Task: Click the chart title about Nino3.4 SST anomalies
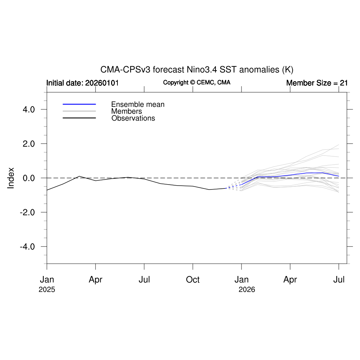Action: click(x=197, y=69)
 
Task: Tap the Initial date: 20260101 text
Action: click(x=83, y=83)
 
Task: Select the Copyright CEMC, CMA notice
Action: click(x=197, y=83)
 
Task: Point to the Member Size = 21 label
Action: click(x=317, y=83)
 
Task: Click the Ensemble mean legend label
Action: click(x=138, y=104)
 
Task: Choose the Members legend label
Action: click(x=127, y=111)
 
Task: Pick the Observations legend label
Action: click(x=133, y=118)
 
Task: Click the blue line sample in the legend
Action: click(x=79, y=104)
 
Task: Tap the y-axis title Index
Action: click(x=11, y=178)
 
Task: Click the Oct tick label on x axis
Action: click(x=193, y=280)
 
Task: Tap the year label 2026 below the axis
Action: click(x=247, y=290)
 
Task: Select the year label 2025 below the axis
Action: click(x=47, y=290)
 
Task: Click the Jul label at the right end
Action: click(x=339, y=280)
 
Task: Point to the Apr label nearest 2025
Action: click(x=95, y=280)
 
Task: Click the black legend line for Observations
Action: click(x=79, y=118)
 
